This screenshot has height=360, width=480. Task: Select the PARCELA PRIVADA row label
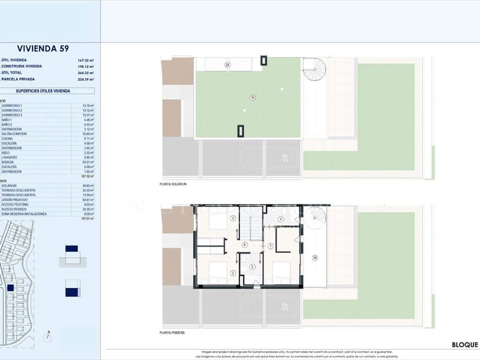(x=19, y=79)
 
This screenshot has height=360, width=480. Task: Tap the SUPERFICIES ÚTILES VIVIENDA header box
(x=47, y=91)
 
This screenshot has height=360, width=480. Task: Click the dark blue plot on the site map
(x=10, y=288)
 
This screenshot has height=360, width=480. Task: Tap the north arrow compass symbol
(x=49, y=337)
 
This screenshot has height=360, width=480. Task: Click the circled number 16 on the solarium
(x=253, y=97)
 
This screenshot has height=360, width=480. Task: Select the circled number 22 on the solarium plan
(x=227, y=65)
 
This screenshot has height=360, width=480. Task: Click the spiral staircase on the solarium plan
(x=314, y=70)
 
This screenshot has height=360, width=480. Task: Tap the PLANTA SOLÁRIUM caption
(x=174, y=184)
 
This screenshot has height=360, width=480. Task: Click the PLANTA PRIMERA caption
(x=172, y=332)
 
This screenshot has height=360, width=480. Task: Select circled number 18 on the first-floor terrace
(x=314, y=257)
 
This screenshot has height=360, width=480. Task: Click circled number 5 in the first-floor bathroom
(x=253, y=267)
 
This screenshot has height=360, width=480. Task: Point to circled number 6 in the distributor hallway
(x=245, y=245)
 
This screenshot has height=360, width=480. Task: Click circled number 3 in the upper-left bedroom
(x=232, y=218)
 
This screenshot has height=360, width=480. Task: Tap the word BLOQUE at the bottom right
(x=464, y=345)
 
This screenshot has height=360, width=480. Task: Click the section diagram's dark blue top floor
(x=71, y=248)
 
